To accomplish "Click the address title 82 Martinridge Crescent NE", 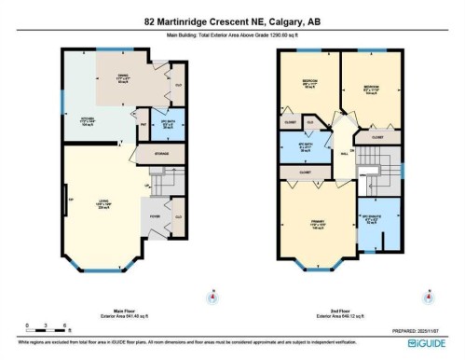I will point(231,21).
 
